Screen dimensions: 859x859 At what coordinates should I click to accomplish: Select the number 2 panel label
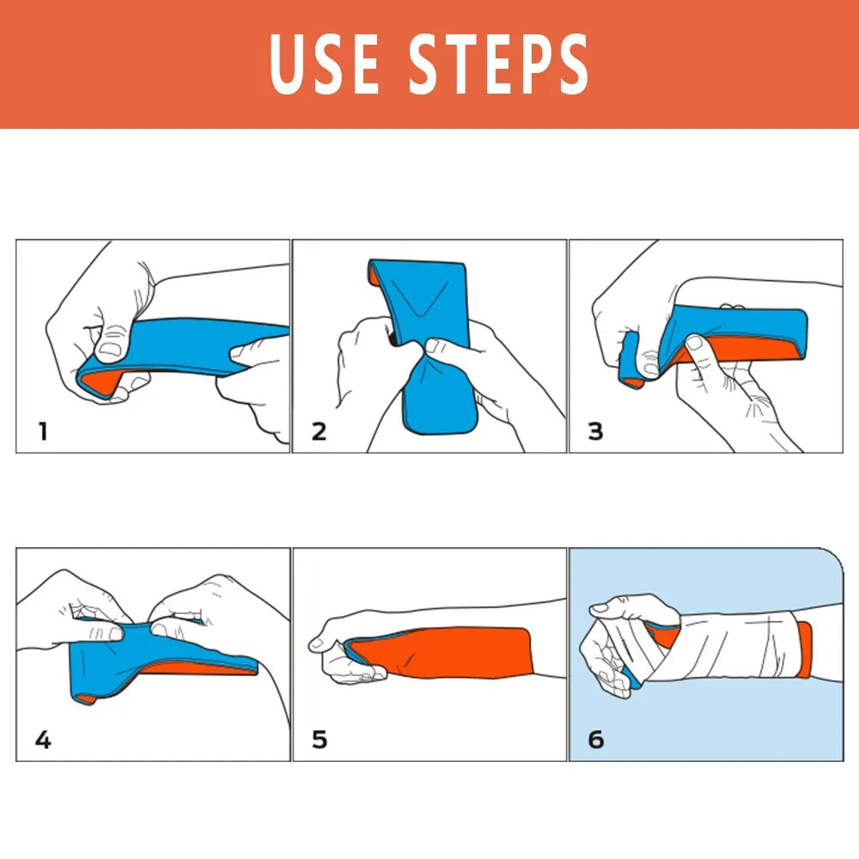click(x=320, y=430)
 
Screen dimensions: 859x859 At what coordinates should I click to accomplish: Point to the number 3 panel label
click(x=595, y=430)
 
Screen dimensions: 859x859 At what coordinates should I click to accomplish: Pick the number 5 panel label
click(x=320, y=739)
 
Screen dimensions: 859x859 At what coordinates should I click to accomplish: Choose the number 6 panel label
click(x=595, y=739)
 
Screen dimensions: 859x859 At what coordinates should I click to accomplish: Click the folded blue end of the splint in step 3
click(x=632, y=356)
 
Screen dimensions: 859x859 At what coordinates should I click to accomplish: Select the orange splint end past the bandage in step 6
click(x=805, y=649)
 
